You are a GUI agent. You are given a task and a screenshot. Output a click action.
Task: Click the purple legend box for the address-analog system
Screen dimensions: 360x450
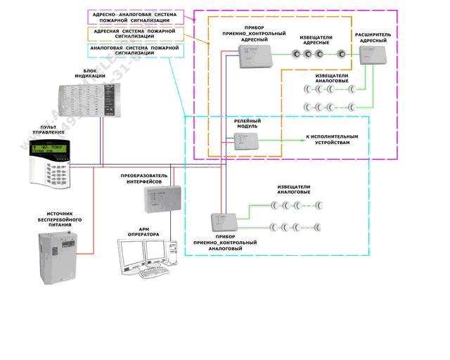[134, 17]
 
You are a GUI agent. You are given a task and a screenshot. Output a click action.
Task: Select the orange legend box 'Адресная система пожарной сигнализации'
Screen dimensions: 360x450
[134, 33]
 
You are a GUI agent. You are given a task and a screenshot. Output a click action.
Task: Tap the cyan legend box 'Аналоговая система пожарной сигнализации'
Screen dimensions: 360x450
[134, 49]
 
